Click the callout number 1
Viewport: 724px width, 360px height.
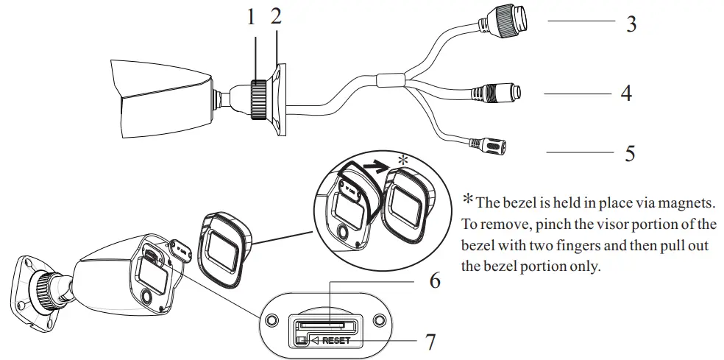pos(251,17)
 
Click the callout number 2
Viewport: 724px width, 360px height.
pos(276,16)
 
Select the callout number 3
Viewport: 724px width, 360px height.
pos(631,24)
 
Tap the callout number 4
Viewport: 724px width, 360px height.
pos(625,94)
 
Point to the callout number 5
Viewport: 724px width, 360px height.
pos(630,153)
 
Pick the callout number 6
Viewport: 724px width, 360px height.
pos(435,281)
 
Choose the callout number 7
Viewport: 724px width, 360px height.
pos(430,342)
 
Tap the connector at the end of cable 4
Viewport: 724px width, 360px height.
pos(500,93)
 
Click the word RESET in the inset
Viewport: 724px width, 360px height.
pos(336,341)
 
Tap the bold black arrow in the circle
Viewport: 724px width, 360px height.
pos(381,166)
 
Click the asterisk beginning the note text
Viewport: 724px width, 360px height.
pos(467,200)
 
